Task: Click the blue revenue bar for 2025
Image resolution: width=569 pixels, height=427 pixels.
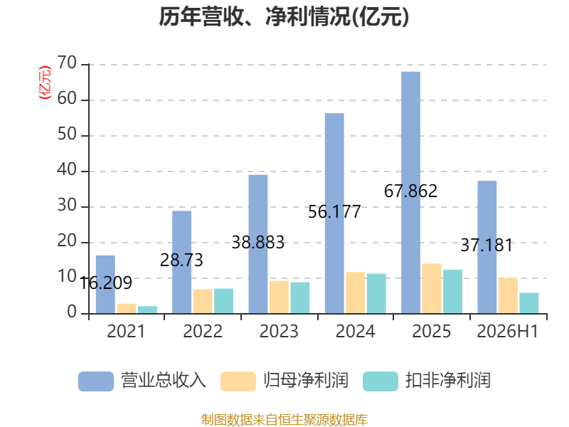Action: point(411,192)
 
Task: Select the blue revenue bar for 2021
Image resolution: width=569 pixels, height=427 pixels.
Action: point(105,285)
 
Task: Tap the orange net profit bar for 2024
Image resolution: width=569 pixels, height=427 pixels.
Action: point(355,292)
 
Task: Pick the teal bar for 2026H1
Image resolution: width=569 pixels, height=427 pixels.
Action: point(529,303)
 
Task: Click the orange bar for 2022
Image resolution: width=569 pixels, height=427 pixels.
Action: point(203,301)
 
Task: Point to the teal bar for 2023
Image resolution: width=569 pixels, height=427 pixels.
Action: point(300,297)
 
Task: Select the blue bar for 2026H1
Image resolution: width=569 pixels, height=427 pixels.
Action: point(487,247)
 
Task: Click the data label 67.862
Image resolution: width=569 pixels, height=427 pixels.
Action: point(411,191)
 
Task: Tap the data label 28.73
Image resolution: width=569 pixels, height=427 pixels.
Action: point(181,260)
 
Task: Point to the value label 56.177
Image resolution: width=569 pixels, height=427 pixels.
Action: point(334,212)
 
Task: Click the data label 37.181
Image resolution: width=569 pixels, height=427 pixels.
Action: point(487,246)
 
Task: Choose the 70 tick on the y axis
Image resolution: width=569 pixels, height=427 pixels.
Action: point(67,63)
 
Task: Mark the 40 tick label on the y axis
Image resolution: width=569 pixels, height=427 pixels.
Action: point(67,170)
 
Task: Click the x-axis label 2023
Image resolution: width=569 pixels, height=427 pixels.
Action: point(279,331)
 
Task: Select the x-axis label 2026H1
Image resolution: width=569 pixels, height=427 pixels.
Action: point(508,331)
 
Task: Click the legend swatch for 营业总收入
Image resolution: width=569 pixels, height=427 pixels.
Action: point(96,381)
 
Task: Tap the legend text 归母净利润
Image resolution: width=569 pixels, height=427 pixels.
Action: point(306,381)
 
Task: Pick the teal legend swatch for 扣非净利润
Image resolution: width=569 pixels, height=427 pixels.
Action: point(381,381)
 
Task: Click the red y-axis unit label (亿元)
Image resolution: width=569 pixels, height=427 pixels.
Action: point(45,83)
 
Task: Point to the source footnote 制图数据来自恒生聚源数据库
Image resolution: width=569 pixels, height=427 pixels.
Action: point(284,420)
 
